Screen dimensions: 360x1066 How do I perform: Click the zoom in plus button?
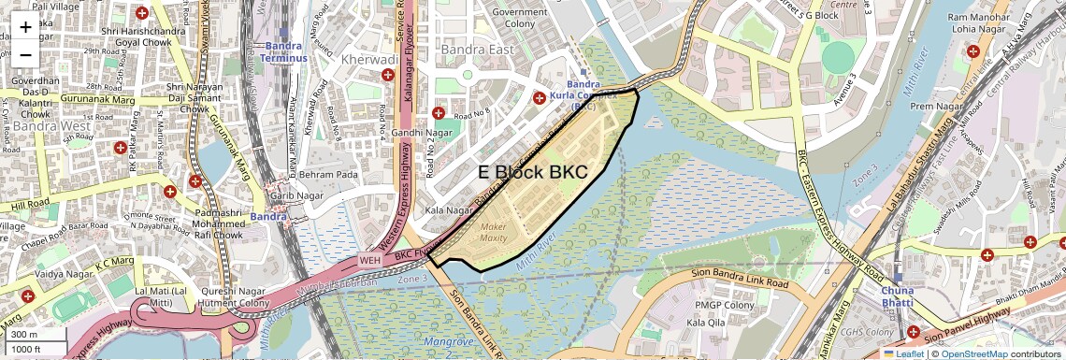point(25,26)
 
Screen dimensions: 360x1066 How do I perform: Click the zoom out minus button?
point(25,54)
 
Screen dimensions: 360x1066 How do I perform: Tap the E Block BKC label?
point(532,172)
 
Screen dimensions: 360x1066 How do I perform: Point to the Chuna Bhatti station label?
point(897,296)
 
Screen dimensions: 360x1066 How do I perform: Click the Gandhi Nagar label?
point(421,132)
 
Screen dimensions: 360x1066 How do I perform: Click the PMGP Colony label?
point(725,305)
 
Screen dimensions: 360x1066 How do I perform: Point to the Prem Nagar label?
point(936,107)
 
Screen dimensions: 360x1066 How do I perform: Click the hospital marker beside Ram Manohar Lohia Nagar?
point(973,51)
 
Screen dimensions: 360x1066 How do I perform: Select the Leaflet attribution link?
point(902,353)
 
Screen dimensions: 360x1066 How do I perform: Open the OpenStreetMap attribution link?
point(973,353)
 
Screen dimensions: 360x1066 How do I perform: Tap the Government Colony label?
point(526,17)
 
